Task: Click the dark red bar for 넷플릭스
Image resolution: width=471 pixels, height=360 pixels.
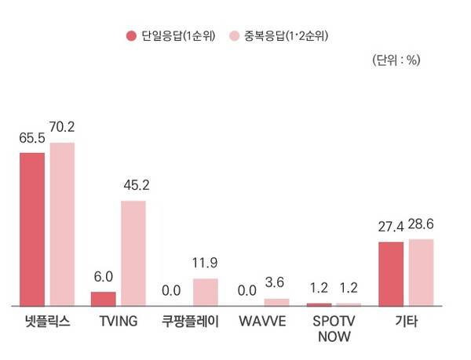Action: (x=32, y=228)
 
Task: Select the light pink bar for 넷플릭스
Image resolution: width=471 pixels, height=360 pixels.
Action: (x=62, y=224)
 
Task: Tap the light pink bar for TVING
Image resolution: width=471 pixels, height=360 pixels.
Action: (x=133, y=253)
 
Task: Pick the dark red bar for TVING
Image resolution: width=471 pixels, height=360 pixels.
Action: (x=104, y=298)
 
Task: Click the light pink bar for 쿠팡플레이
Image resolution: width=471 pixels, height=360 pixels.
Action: (x=206, y=291)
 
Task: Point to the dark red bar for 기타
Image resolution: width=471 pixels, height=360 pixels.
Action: (x=391, y=273)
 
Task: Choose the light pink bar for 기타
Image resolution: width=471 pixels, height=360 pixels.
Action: (x=421, y=271)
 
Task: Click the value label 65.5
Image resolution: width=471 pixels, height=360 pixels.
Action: (x=32, y=139)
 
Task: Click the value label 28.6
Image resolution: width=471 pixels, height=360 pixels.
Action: (x=422, y=225)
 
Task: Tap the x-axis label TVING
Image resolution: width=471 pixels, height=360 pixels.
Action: (x=119, y=322)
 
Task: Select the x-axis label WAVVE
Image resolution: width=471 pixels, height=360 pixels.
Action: (x=263, y=322)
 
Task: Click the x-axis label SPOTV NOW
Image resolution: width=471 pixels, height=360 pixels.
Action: (x=334, y=329)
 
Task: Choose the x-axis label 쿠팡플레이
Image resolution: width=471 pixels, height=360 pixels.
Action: (x=191, y=322)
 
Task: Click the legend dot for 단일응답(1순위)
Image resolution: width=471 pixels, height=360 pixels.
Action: (x=132, y=36)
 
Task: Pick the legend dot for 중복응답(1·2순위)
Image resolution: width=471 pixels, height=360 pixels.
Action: (x=235, y=36)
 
